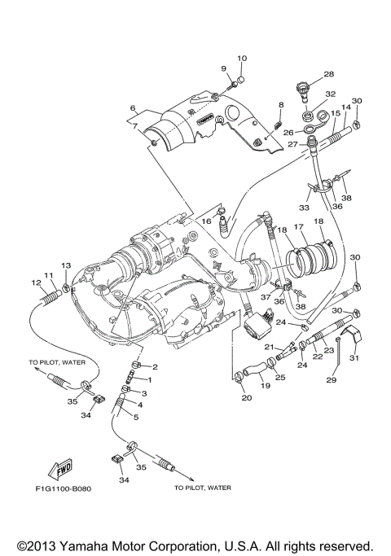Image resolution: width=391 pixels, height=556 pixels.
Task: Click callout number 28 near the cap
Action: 329,74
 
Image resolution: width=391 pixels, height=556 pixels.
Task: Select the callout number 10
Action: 242,58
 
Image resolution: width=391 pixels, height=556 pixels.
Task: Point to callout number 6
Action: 131,107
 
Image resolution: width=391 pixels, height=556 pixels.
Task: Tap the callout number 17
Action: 299,227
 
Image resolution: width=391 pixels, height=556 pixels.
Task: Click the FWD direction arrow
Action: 59,470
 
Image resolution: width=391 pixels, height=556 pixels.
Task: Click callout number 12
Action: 37,282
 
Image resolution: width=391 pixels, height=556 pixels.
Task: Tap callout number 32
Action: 330,94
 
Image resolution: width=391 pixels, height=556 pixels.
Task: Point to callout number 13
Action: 66,265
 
